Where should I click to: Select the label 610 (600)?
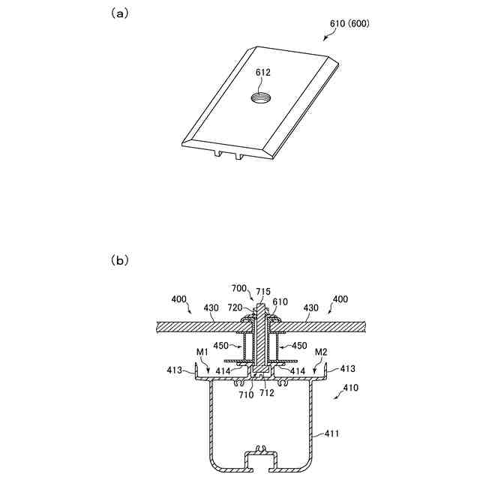349,23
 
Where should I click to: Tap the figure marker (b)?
119,261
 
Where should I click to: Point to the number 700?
239,288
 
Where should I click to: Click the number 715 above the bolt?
262,291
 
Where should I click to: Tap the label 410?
349,388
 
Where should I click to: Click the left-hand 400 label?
179,298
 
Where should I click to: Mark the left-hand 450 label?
222,346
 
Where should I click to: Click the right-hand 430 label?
311,307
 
